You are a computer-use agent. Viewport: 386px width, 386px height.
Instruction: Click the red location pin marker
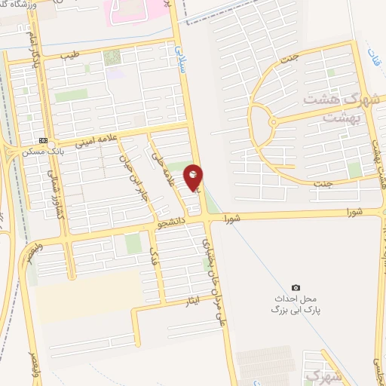pyautogui.click(x=194, y=176)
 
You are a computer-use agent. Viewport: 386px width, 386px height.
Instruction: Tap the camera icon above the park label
pyautogui.click(x=296, y=287)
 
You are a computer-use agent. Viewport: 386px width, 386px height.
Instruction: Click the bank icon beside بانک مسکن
pyautogui.click(x=43, y=140)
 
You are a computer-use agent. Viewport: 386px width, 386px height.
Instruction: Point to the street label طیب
pyautogui.click(x=70, y=54)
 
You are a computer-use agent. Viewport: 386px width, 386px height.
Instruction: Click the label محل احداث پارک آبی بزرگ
pyautogui.click(x=295, y=304)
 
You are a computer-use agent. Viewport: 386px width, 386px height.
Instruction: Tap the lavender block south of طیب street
pyautogui.click(x=114, y=73)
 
